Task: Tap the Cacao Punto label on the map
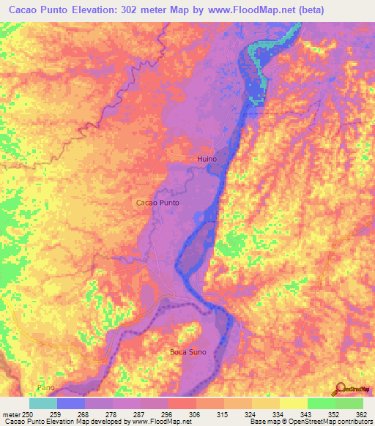pyautogui.click(x=157, y=202)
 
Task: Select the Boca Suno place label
pyautogui.click(x=188, y=352)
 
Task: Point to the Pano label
pyautogui.click(x=45, y=386)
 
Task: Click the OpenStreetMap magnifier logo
pyautogui.click(x=340, y=389)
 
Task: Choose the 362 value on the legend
pyautogui.click(x=360, y=414)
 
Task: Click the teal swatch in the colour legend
pyautogui.click(x=43, y=403)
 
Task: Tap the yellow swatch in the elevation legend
pyautogui.click(x=293, y=403)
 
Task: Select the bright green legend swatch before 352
pyautogui.click(x=321, y=403)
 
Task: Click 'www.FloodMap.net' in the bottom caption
pyautogui.click(x=157, y=422)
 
